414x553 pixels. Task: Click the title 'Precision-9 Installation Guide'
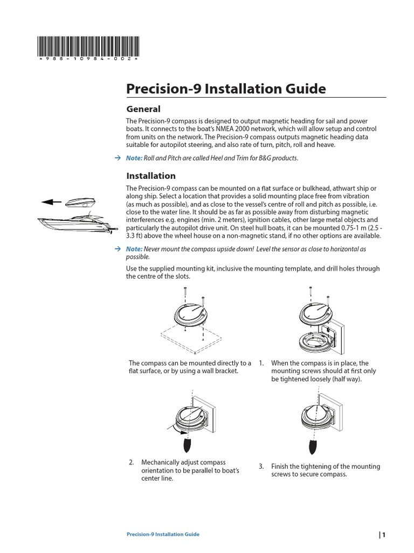226,88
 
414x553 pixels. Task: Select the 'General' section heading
143,109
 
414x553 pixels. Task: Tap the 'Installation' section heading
150,176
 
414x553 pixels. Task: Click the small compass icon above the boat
80,202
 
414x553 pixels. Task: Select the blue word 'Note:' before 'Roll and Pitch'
134,158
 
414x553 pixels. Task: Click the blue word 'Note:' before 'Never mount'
134,249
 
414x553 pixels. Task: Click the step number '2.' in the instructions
132,463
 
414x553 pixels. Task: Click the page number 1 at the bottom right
384,535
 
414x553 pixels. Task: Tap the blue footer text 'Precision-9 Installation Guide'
162,534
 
